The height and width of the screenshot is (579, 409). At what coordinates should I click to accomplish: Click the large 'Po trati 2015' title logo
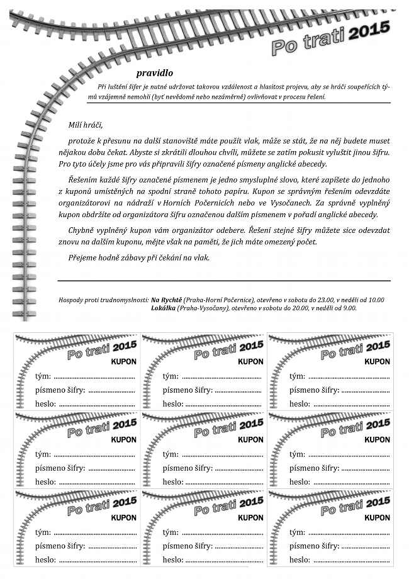pyautogui.click(x=331, y=38)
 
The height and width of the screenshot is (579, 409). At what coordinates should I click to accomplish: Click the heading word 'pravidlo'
pyautogui.click(x=154, y=73)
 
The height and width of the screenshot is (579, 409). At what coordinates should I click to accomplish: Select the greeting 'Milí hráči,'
pyautogui.click(x=84, y=125)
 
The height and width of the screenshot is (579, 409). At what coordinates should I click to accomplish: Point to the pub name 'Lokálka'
pyautogui.click(x=163, y=308)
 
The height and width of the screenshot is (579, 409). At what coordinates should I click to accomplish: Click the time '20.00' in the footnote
pyautogui.click(x=303, y=308)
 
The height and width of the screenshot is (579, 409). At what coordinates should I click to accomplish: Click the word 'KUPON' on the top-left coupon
pyautogui.click(x=123, y=362)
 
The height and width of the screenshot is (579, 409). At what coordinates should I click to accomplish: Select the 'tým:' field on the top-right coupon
pyautogui.click(x=297, y=376)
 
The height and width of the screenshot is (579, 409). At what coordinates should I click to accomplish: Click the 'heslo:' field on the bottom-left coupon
pyautogui.click(x=45, y=559)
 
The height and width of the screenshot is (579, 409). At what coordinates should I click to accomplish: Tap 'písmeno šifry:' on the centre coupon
pyautogui.click(x=188, y=468)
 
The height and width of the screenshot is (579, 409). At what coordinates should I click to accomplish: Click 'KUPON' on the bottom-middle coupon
pyautogui.click(x=250, y=518)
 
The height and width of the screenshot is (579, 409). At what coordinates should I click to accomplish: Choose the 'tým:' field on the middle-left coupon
pyautogui.click(x=43, y=454)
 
